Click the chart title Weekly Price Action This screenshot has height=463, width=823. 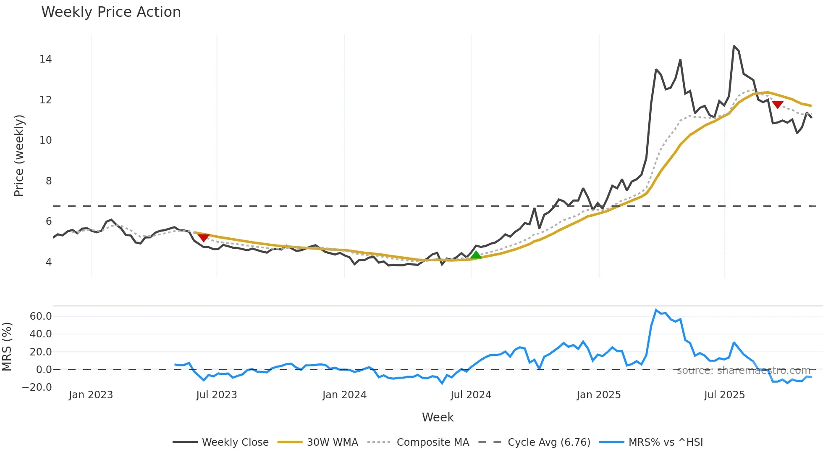pos(111,12)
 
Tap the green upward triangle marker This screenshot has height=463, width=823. pos(476,255)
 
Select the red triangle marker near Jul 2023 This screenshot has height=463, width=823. pos(204,238)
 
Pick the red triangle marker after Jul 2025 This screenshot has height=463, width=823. pos(777,105)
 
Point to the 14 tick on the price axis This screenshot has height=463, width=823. pos(46,59)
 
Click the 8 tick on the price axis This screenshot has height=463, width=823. pos(49,181)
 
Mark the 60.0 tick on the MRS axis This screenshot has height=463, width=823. pos(41,316)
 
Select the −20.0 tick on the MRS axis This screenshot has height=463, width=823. pos(37,387)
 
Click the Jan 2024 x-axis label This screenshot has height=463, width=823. pos(344,395)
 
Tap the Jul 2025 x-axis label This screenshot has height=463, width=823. pos(724,395)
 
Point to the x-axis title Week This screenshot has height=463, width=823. pos(438,417)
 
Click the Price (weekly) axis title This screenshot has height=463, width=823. pos(19,155)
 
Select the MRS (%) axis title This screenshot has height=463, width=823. pos(7,347)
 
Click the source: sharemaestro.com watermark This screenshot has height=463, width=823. pos(743,371)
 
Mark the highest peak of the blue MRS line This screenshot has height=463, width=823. pos(656,310)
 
